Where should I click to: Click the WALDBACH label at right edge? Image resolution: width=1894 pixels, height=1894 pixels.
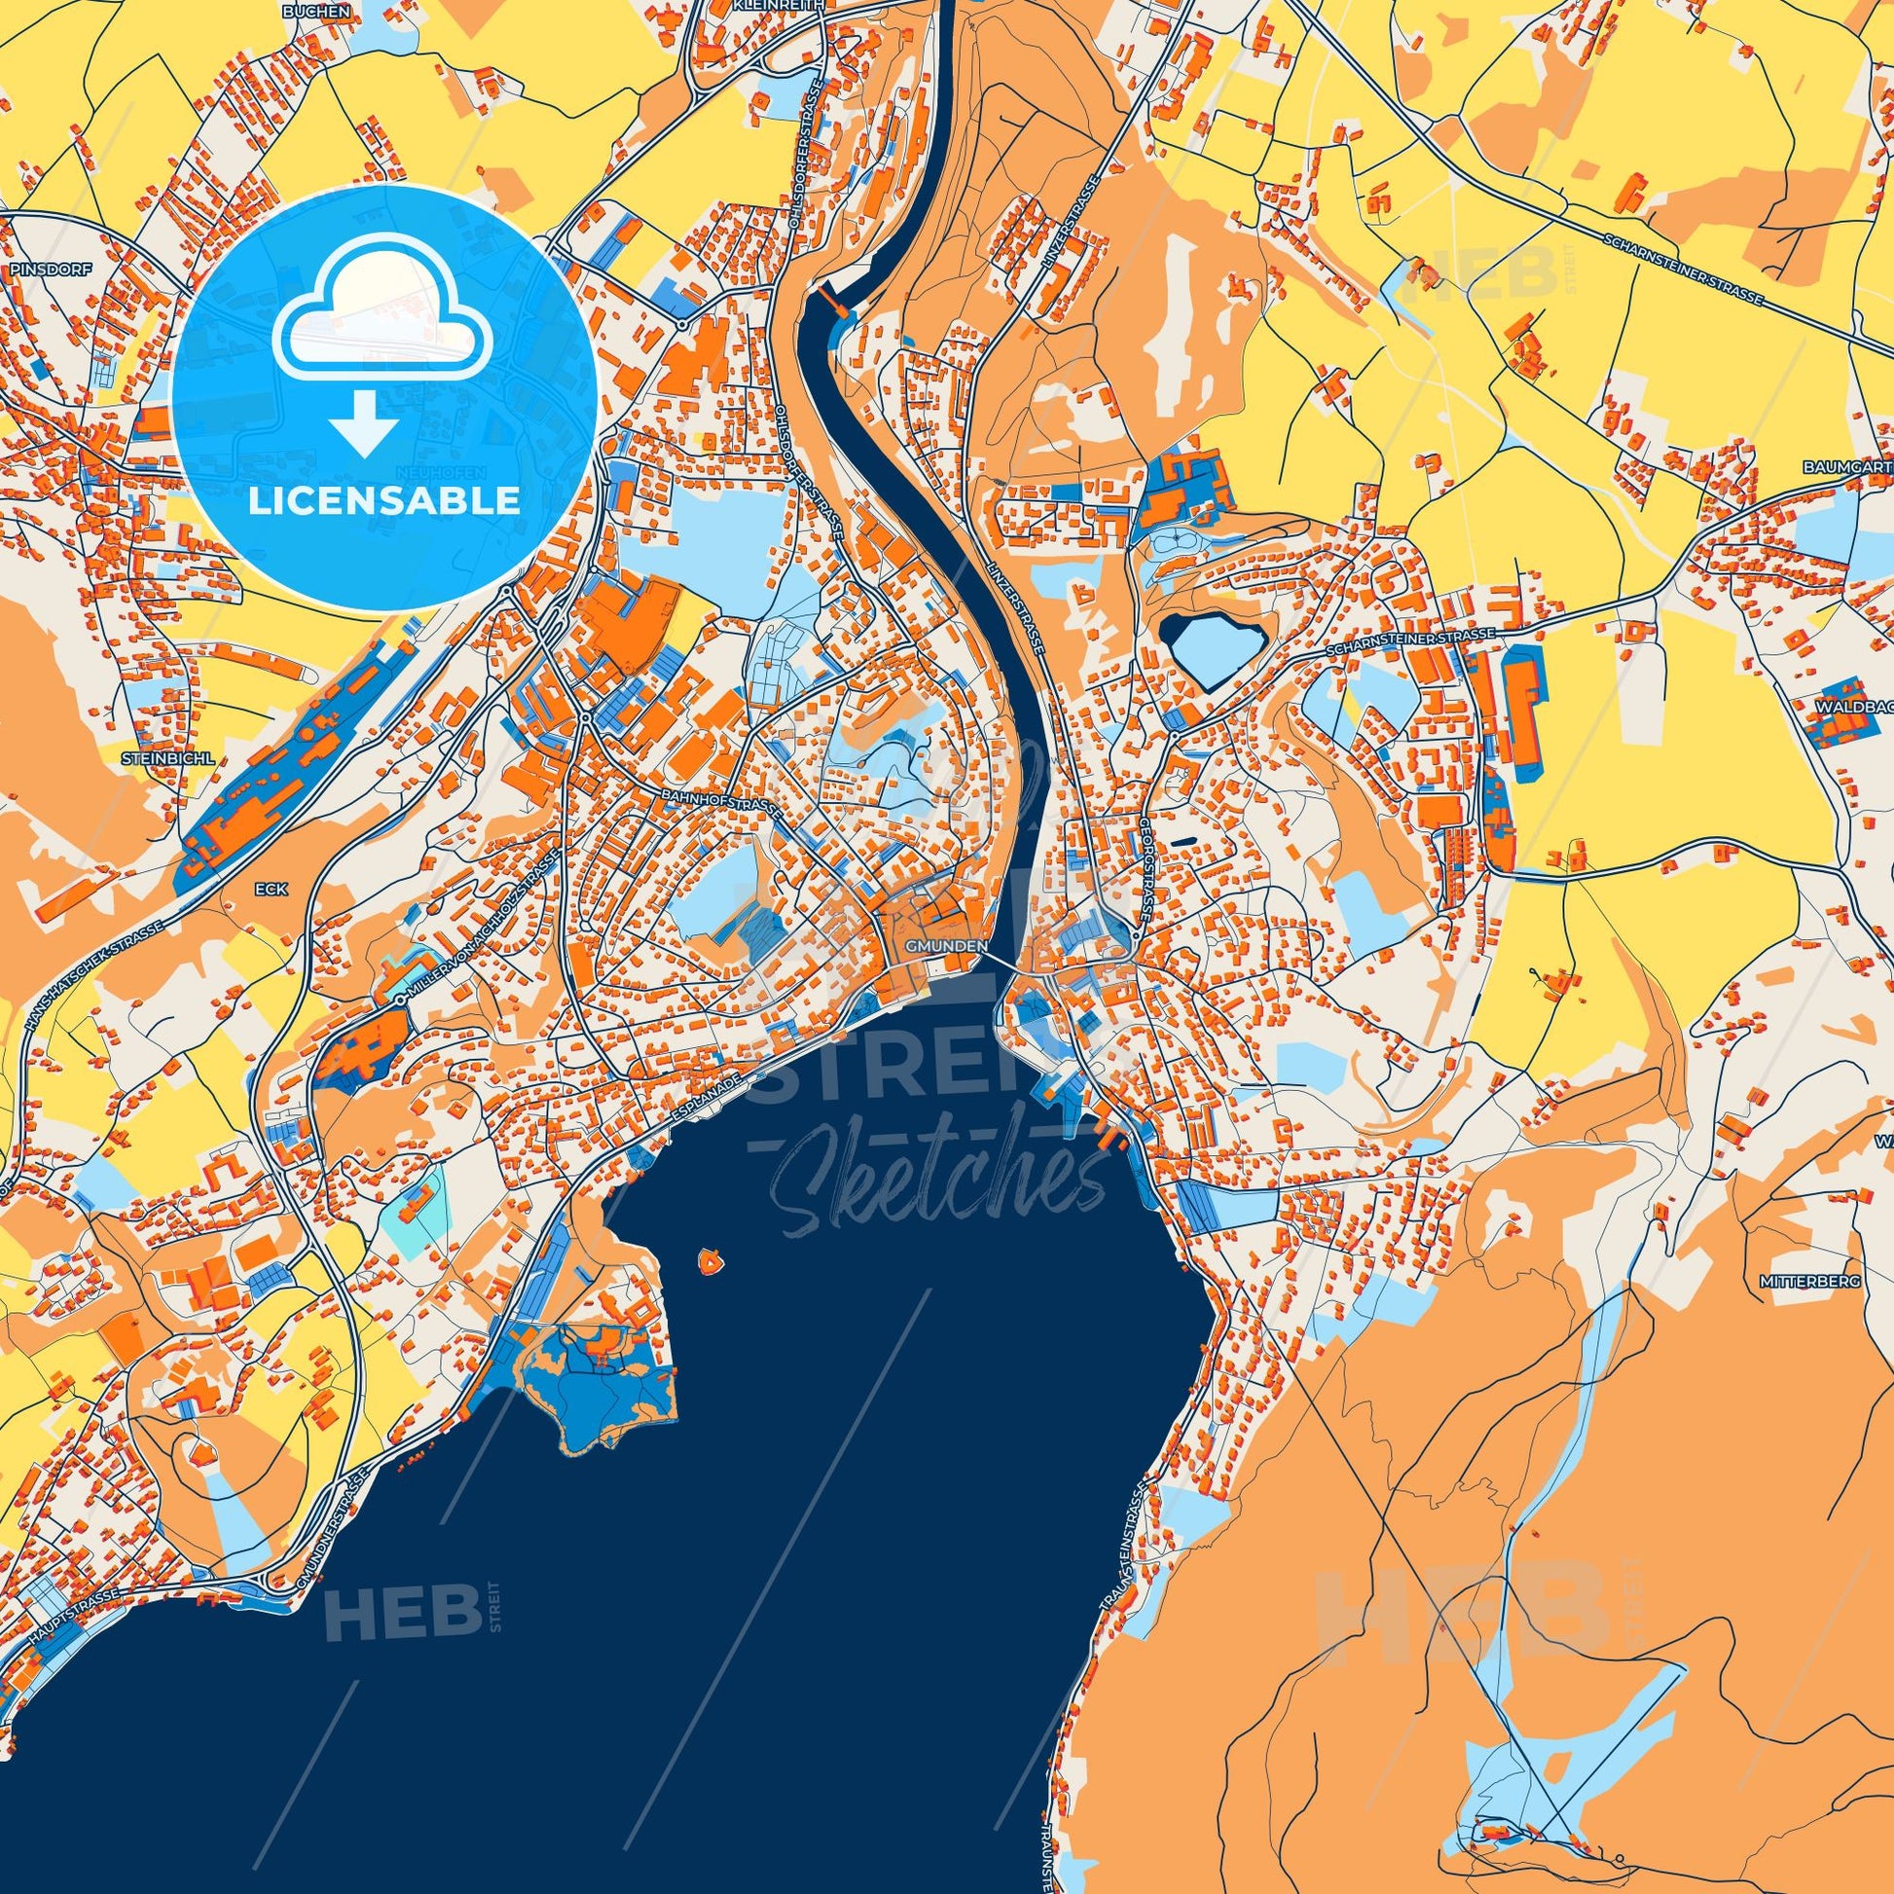point(1854,704)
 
